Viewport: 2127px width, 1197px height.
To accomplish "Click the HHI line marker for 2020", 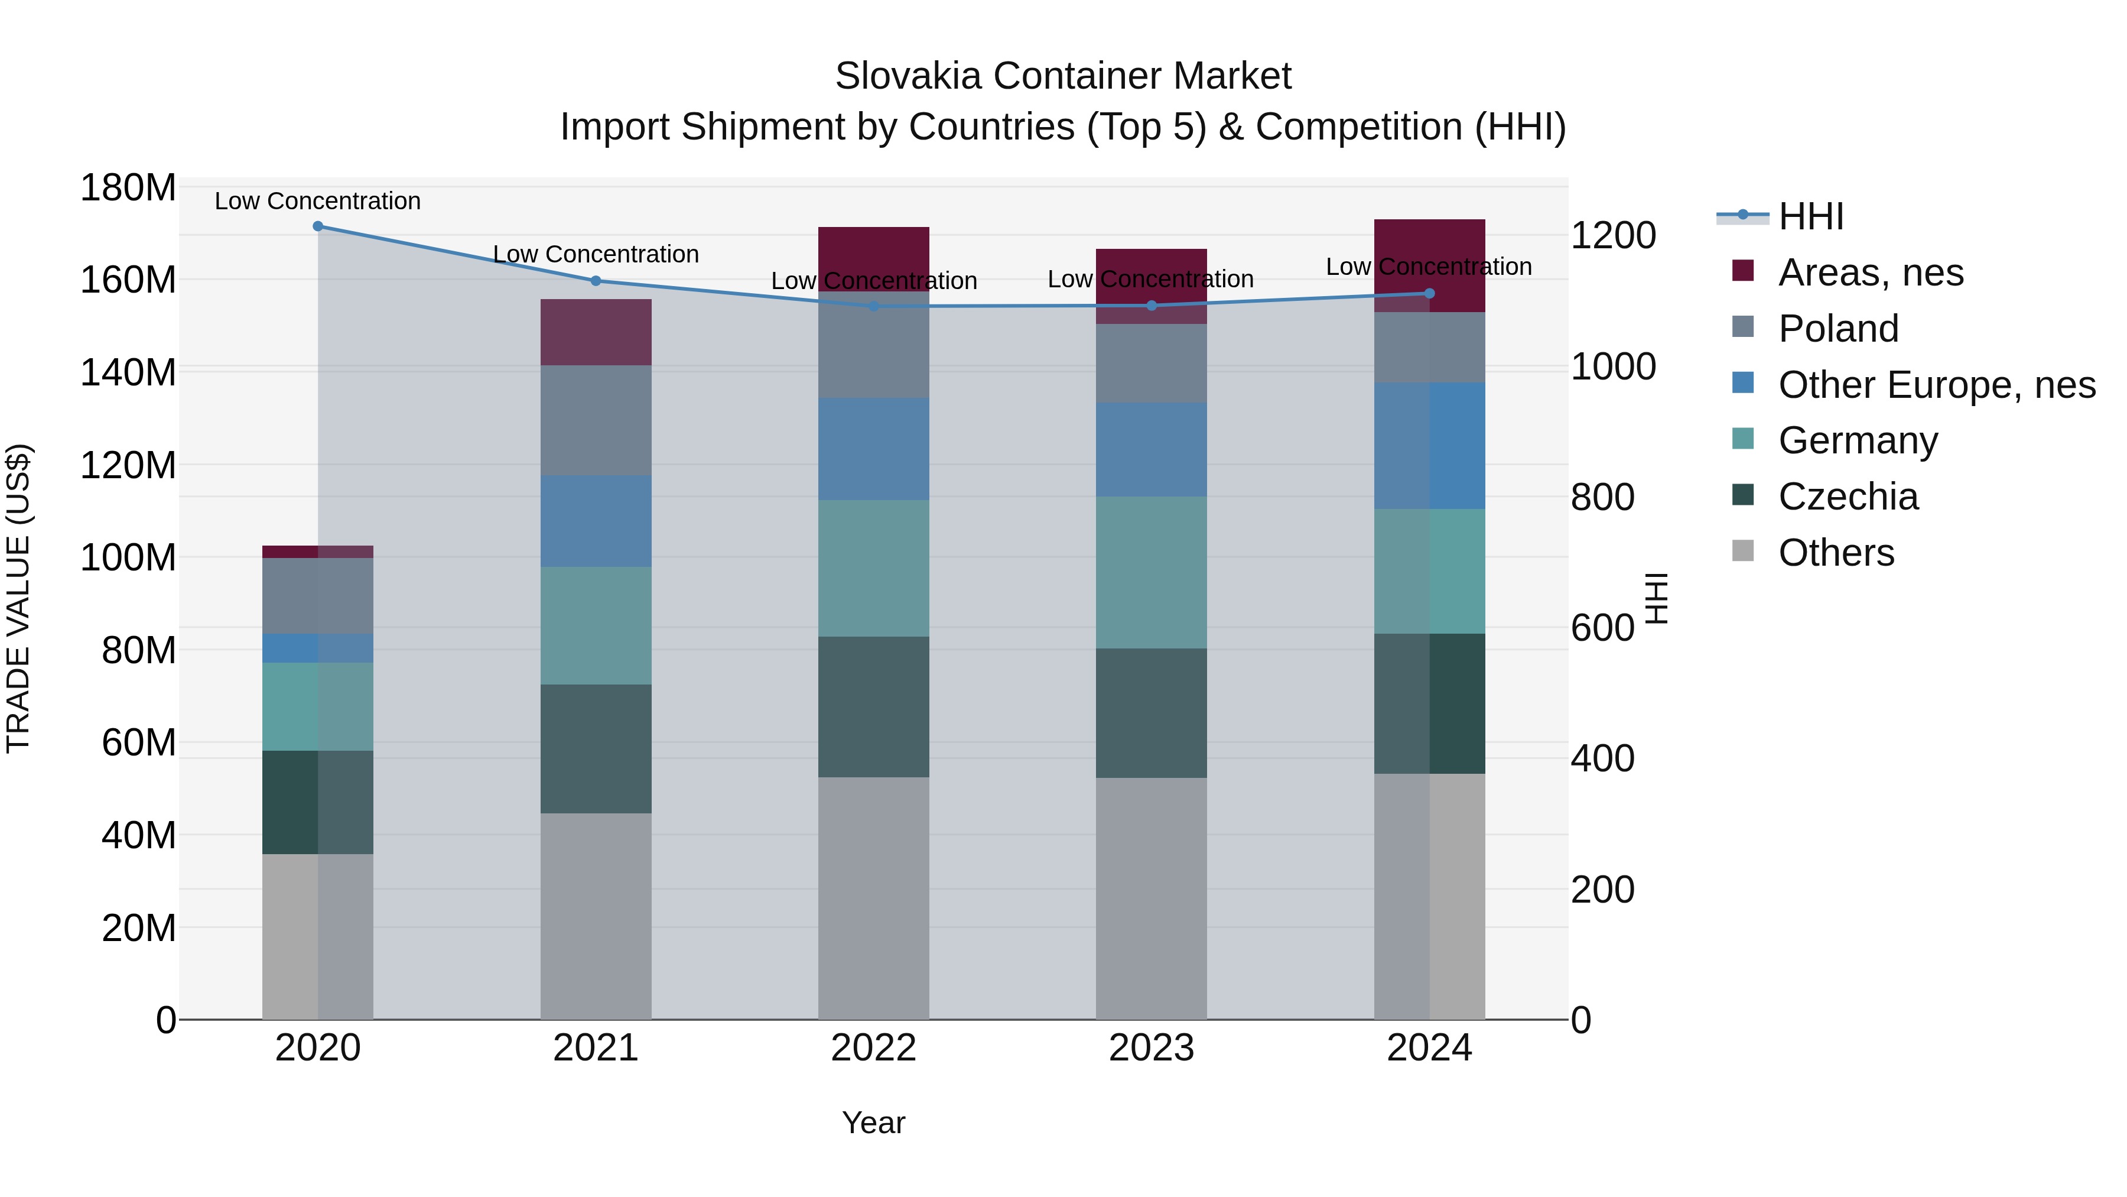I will [318, 226].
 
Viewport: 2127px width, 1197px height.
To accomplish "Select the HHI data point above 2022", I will [874, 306].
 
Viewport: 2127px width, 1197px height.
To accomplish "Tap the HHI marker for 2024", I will [1429, 293].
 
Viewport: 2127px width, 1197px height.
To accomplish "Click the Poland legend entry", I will [1838, 329].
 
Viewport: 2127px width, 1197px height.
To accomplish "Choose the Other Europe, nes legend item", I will [1936, 385].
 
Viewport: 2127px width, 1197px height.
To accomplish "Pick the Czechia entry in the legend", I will [1848, 497].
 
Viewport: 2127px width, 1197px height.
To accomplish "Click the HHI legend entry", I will [1811, 216].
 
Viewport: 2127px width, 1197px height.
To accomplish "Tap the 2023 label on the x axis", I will [1151, 1048].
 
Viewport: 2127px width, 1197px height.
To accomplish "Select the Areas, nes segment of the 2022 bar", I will [874, 258].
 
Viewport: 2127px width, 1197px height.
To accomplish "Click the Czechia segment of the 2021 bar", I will [596, 748].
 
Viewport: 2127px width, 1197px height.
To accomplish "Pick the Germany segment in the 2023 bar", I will [1151, 572].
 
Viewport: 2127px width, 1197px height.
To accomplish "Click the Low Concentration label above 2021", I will [596, 254].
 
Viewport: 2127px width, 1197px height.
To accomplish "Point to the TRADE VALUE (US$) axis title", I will [18, 598].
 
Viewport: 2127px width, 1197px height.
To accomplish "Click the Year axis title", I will [874, 1123].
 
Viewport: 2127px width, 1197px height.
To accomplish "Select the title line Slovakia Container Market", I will [1063, 76].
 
